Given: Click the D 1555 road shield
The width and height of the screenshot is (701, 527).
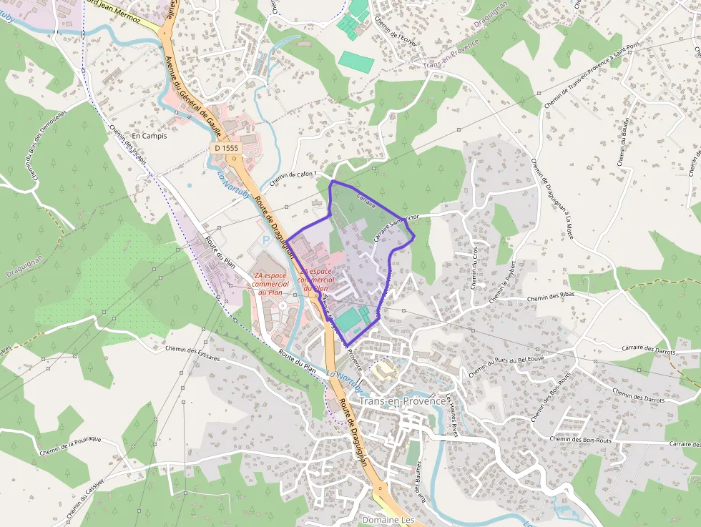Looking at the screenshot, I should pos(225,148).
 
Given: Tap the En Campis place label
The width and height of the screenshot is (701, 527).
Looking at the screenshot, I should pos(149,136).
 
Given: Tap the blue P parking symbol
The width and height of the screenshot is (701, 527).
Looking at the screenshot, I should pos(268,241).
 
